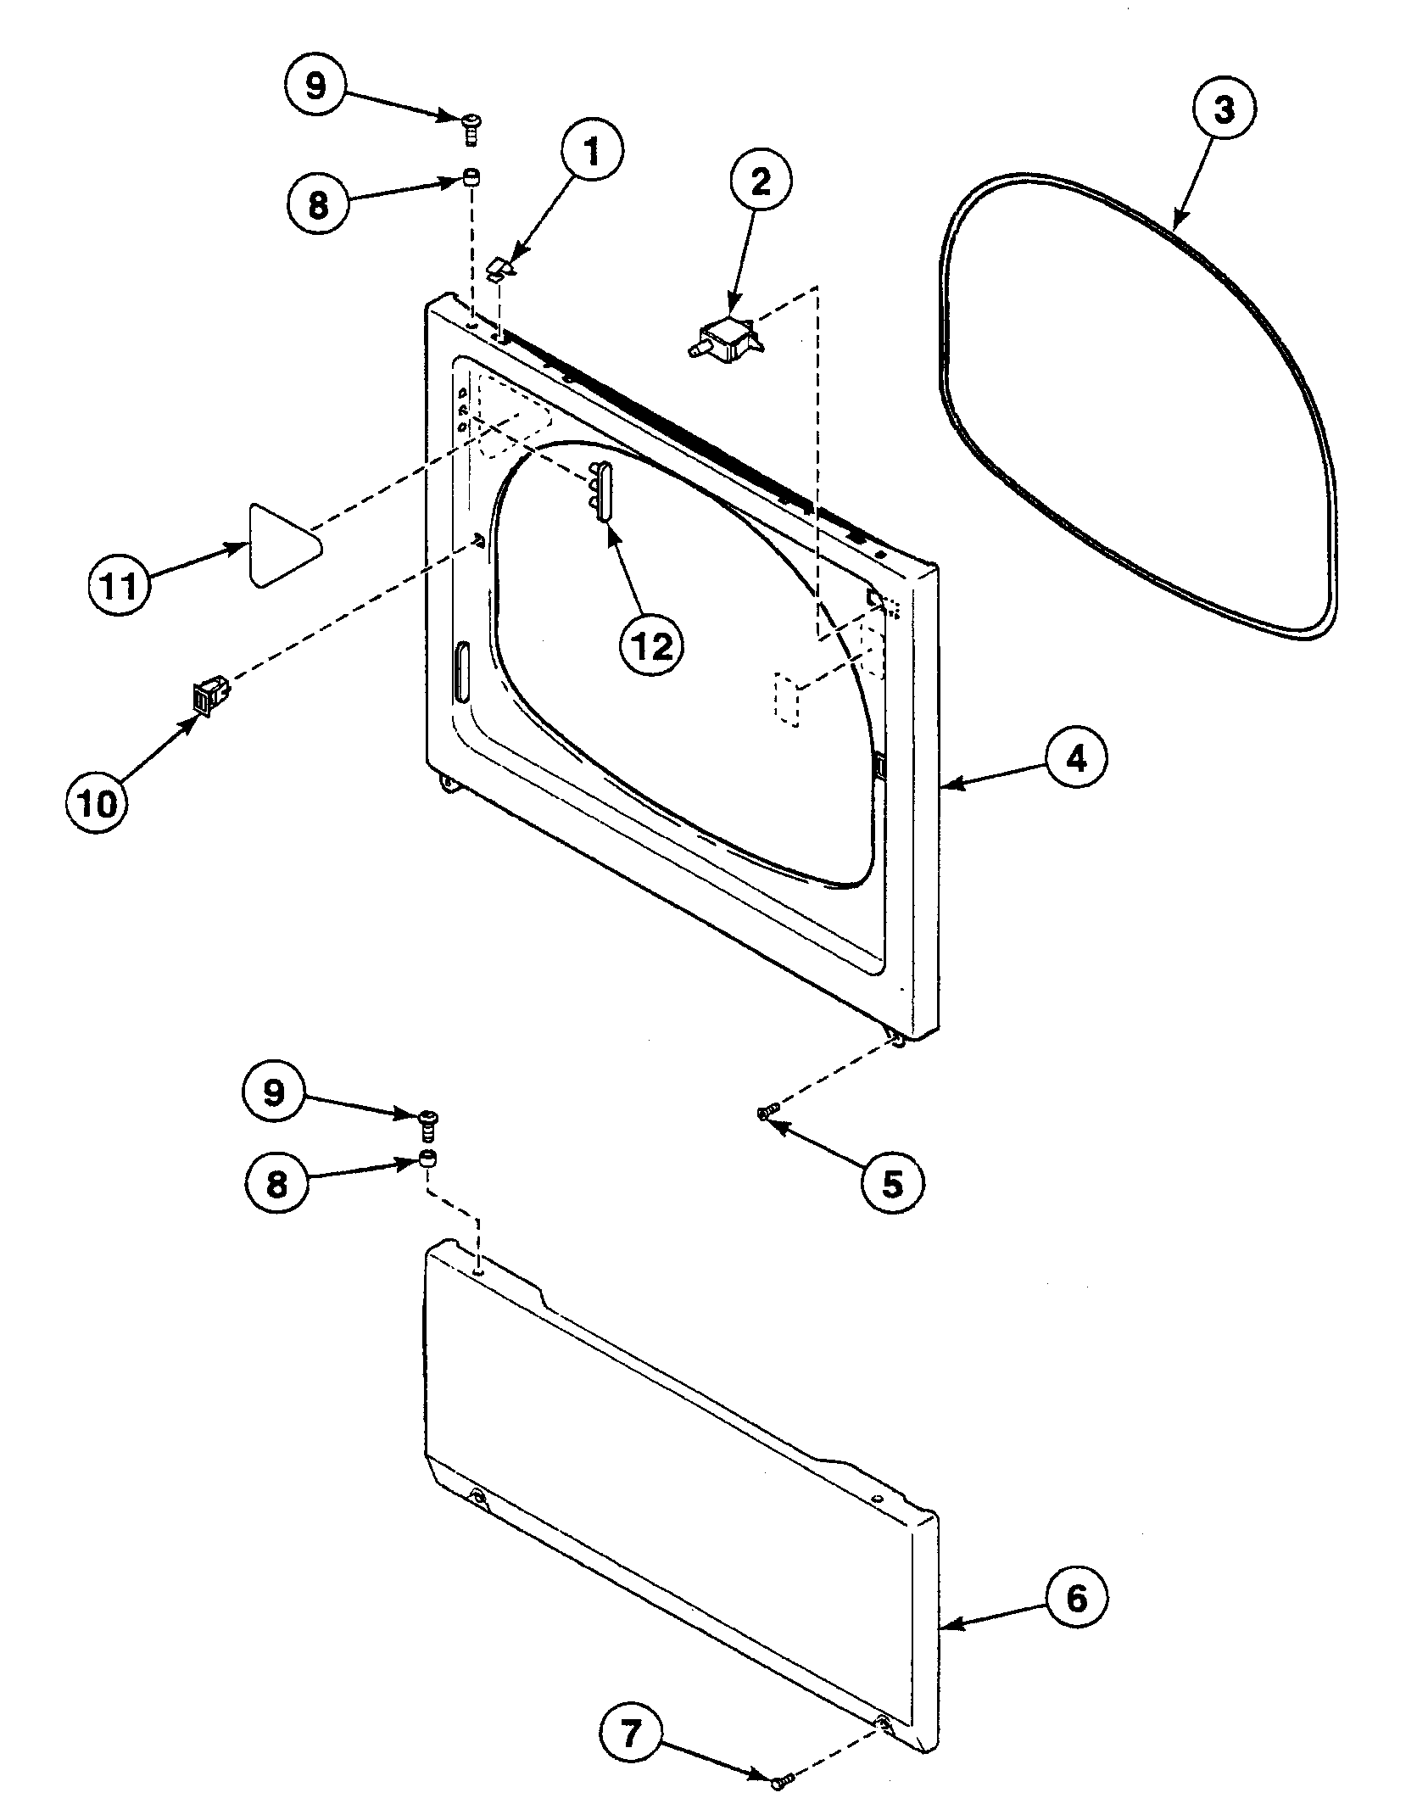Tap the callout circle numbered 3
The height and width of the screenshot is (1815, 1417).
[1224, 111]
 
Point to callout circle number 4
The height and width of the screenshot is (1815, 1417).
[1075, 759]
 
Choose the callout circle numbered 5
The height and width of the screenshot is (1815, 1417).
[891, 1183]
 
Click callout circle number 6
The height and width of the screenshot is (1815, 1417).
[1075, 1599]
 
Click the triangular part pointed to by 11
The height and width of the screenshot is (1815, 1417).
[280, 543]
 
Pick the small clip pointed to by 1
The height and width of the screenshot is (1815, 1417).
[501, 270]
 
